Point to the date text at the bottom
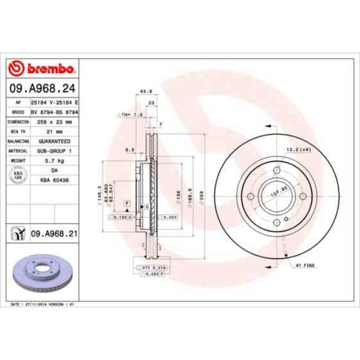(43, 305)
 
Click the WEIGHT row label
(18, 160)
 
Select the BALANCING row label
(18, 141)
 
